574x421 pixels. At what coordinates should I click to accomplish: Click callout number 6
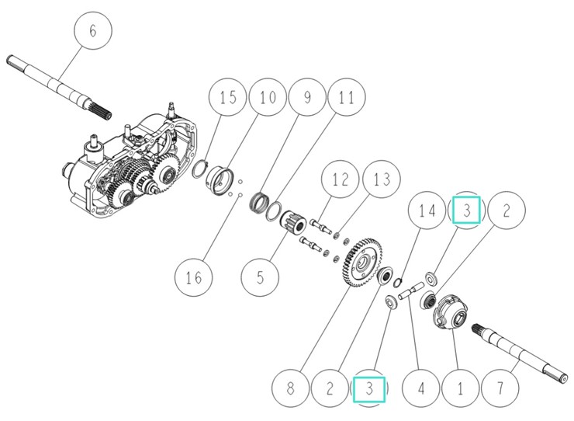[x=93, y=32]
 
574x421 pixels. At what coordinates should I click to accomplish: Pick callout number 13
[x=380, y=179]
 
